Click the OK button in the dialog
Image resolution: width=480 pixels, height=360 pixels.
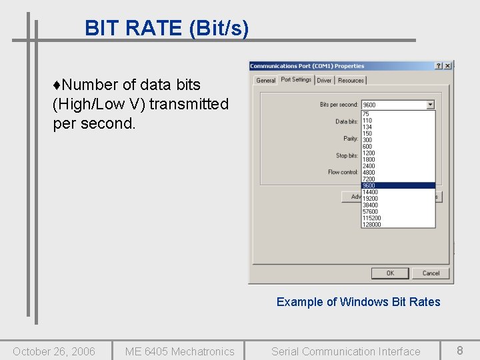point(390,273)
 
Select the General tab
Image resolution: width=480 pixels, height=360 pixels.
point(265,81)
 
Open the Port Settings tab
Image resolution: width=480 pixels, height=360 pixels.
point(296,80)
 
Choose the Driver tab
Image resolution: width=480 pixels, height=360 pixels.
point(324,81)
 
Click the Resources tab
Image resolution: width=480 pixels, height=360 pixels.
point(351,81)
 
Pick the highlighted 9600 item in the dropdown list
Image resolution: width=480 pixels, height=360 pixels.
point(398,186)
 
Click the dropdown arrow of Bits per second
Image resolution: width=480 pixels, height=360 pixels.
point(431,105)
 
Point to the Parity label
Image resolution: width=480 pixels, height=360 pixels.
point(351,139)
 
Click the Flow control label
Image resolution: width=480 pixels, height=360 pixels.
point(343,172)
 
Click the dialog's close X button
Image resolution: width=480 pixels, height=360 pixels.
point(448,66)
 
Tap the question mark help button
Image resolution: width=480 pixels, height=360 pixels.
point(439,66)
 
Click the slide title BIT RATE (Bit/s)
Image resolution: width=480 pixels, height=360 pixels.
point(167,28)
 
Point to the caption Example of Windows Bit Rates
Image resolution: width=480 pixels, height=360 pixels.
point(358,302)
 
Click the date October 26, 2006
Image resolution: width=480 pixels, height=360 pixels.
point(54,351)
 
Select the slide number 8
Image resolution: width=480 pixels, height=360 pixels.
point(459,350)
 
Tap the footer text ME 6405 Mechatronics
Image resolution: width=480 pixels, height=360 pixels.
point(179,351)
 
